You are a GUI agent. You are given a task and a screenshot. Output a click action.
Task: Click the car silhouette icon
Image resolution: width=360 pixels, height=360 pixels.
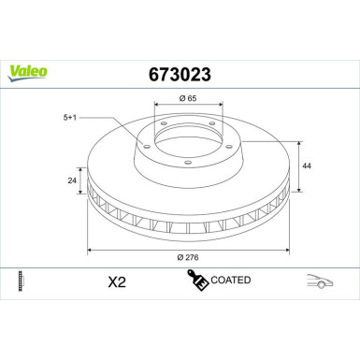pos(321,280)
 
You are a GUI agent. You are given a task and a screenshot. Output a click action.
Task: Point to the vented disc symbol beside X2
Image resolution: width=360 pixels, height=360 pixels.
pos(21,280)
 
